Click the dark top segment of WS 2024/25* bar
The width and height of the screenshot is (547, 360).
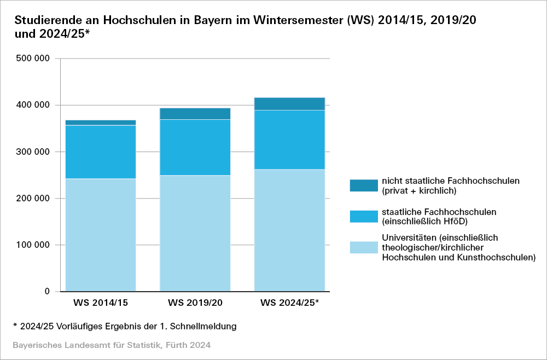[x=289, y=103]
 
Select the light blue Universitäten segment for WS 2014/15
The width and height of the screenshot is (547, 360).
[x=101, y=235]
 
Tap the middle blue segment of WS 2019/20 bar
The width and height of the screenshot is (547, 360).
[x=195, y=147]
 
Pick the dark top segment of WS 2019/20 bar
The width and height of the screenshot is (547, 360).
[x=195, y=113]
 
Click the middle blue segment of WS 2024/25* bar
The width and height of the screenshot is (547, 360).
[x=289, y=140]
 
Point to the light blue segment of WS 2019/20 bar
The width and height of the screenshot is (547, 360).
[x=195, y=233]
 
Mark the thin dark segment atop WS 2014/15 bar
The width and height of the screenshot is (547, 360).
[x=101, y=122]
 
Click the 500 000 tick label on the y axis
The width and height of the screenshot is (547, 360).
[x=34, y=59]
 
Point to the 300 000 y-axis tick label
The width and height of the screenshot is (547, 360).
[x=34, y=152]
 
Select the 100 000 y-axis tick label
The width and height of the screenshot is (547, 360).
[x=34, y=245]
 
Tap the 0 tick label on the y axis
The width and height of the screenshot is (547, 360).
[x=47, y=292]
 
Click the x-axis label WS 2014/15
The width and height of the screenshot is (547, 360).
[x=101, y=302]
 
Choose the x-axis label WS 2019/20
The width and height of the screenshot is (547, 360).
[x=195, y=302]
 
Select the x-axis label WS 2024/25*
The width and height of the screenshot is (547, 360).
[x=290, y=302]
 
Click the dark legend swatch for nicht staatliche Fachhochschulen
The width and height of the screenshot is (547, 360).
[x=364, y=185]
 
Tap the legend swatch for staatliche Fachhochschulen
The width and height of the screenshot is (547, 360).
[x=364, y=216]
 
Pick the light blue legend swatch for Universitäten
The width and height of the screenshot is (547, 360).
[x=364, y=247]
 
